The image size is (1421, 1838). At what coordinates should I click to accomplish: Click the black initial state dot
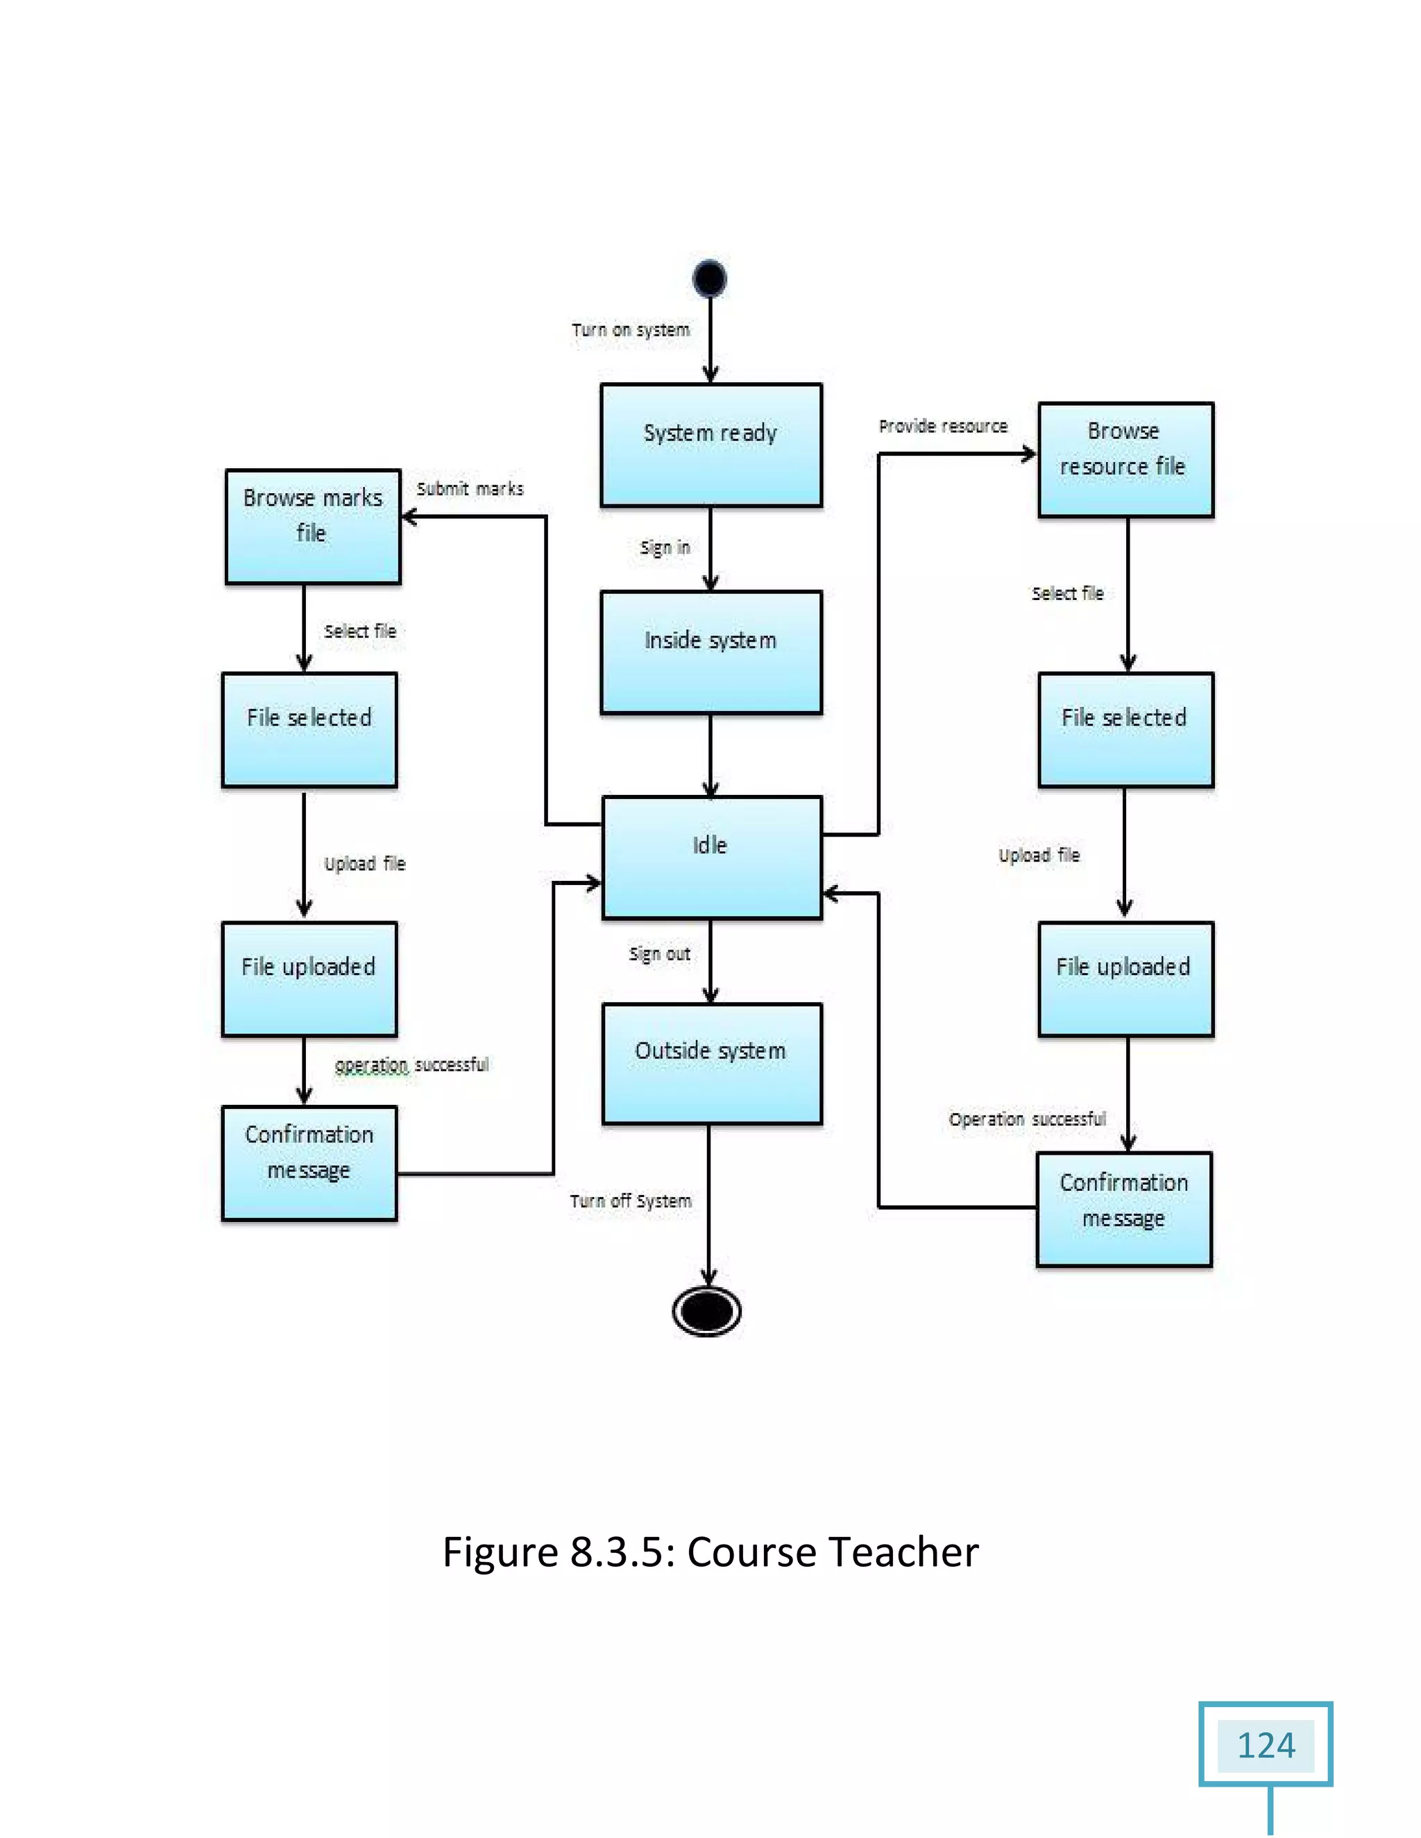tap(710, 279)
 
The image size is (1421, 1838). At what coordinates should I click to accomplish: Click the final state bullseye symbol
tap(707, 1310)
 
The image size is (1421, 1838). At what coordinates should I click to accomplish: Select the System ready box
tap(710, 445)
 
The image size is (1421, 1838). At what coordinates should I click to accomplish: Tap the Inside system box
tap(710, 652)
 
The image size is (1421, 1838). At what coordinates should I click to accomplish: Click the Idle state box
tap(711, 857)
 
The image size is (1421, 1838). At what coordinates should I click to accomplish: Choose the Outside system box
tap(711, 1063)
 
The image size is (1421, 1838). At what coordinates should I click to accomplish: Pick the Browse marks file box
tap(312, 526)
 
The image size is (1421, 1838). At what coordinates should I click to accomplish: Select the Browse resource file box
tap(1125, 459)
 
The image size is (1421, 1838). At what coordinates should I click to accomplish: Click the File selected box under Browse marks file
tap(309, 730)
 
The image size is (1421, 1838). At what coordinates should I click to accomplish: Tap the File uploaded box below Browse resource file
tap(1125, 979)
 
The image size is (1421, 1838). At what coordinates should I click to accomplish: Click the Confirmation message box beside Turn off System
tap(309, 1163)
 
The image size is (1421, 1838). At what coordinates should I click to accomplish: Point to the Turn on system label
tap(631, 330)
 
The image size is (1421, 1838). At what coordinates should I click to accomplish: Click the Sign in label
tap(664, 548)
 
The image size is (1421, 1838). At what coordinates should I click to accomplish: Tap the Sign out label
tap(659, 954)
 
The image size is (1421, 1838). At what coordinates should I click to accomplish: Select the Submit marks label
tap(470, 489)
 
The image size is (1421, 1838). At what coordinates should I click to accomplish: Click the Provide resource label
tap(943, 427)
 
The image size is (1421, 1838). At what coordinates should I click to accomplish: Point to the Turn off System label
tap(631, 1201)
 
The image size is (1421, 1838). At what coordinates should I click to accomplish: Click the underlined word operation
tap(371, 1065)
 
